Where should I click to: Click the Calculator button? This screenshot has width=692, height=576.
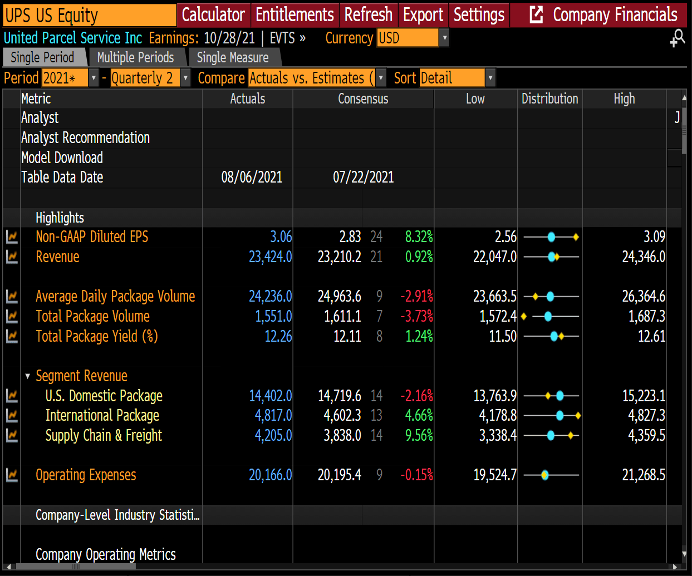[213, 15]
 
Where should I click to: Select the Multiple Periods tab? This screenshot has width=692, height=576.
[135, 57]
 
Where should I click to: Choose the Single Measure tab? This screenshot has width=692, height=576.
[233, 57]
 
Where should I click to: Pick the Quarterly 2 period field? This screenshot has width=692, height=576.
[146, 78]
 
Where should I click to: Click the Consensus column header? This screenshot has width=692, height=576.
[363, 99]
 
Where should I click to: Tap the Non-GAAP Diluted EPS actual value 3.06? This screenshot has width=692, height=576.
[281, 237]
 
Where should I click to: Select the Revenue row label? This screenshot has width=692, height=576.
[57, 257]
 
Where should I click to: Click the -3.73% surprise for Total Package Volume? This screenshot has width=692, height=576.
[417, 316]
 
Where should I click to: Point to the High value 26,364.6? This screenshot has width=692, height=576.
[644, 296]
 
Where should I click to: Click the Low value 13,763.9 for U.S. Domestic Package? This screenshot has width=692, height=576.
[495, 396]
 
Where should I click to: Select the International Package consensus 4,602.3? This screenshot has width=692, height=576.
[342, 415]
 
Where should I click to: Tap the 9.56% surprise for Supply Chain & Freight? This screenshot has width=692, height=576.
[419, 435]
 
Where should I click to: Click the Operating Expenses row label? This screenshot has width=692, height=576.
[86, 475]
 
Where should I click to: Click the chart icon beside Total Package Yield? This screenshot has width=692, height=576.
[12, 336]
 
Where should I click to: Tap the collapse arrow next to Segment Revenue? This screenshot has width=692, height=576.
[28, 376]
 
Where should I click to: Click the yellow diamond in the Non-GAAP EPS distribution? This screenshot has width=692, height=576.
[576, 237]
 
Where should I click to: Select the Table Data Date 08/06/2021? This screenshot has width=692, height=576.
[252, 177]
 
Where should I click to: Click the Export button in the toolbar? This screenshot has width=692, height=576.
[423, 15]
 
